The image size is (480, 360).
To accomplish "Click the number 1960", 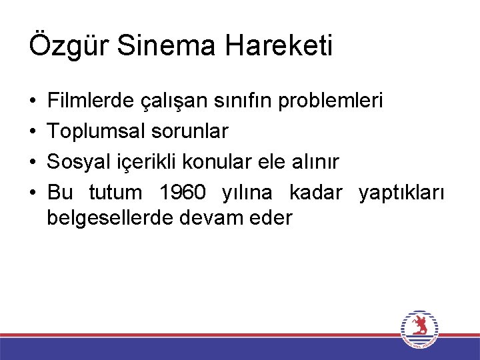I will [x=183, y=193].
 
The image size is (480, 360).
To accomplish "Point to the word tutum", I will [x=115, y=193].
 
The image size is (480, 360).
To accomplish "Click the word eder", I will [x=273, y=218].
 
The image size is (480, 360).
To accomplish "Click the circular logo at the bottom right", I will [x=419, y=328].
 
